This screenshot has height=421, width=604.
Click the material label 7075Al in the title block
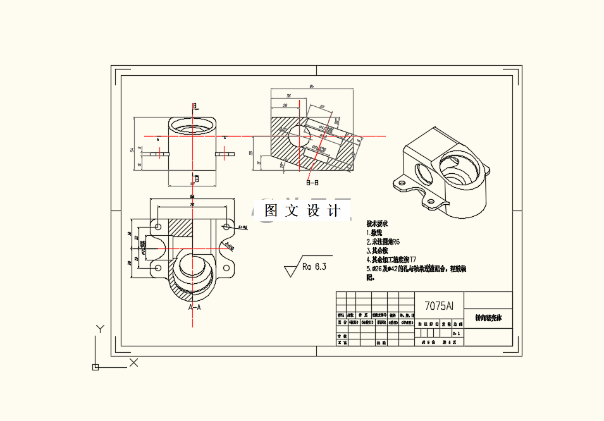[439, 306]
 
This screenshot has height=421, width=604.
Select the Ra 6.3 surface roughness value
[314, 267]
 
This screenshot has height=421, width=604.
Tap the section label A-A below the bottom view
[194, 307]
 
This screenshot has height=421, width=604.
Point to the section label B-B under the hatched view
[312, 183]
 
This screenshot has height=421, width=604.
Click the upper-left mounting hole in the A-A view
[158, 226]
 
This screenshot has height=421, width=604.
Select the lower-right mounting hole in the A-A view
[226, 269]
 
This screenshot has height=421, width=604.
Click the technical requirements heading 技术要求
[377, 224]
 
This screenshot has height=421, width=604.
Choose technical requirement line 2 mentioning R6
[383, 241]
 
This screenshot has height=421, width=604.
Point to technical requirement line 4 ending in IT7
[391, 259]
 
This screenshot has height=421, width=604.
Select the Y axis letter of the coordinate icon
[99, 328]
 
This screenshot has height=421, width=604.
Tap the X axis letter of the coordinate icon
[133, 362]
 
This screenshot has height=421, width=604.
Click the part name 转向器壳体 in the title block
[493, 317]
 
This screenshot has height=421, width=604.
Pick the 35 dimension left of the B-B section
[251, 153]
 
